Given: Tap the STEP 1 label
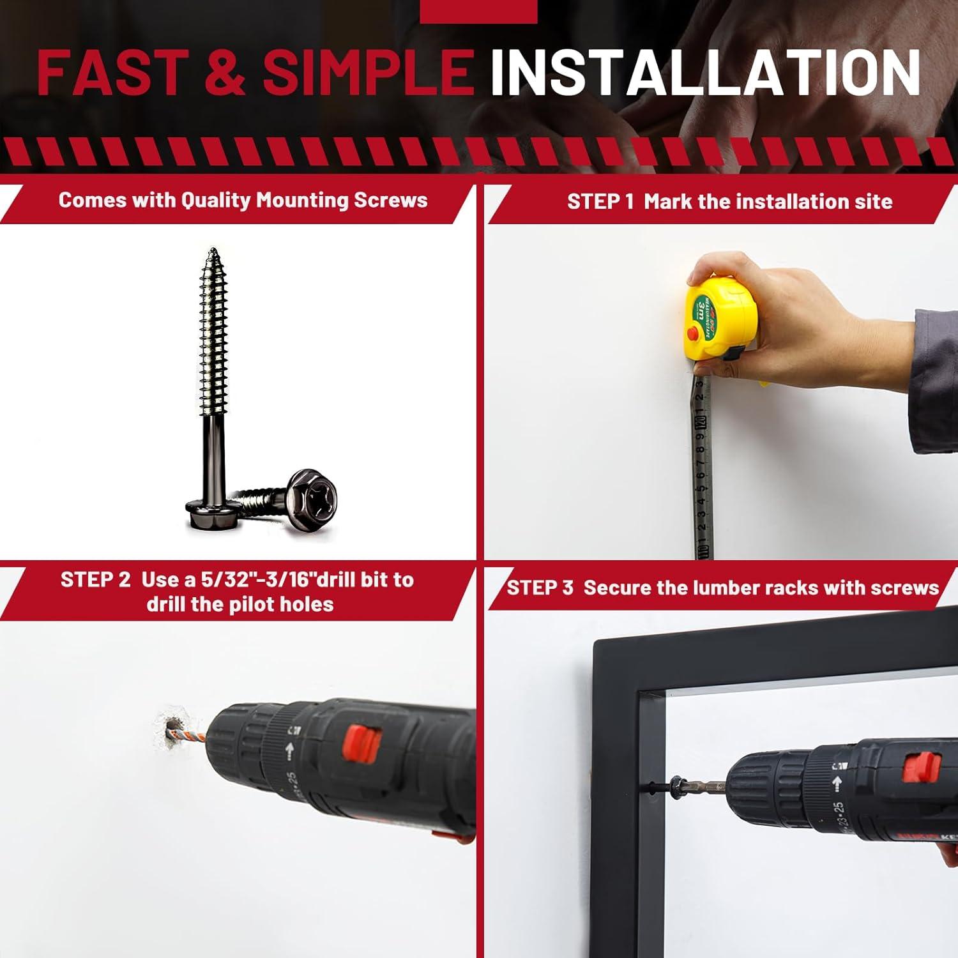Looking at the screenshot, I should (600, 202).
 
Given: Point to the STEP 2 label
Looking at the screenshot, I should (96, 580).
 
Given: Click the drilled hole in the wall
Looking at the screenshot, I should (172, 730).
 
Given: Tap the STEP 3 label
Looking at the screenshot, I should (540, 588).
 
